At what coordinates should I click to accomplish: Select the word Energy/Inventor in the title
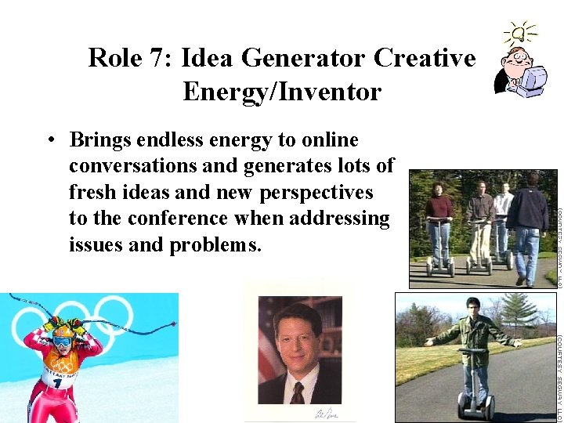282,92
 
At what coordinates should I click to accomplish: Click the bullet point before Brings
49,142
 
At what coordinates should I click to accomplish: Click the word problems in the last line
213,244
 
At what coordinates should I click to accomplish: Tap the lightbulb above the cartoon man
520,33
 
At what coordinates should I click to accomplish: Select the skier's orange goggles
62,341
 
